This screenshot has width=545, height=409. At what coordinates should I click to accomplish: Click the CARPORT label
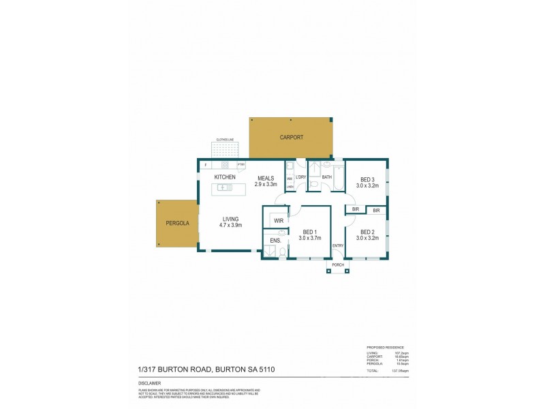click(291, 138)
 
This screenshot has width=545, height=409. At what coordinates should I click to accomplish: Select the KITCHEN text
click(225, 177)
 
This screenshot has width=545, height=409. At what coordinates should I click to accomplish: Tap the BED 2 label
click(368, 235)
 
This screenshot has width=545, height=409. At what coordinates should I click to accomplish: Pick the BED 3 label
click(368, 182)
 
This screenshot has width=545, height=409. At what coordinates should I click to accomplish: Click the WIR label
click(278, 221)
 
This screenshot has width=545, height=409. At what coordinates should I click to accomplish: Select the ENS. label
click(275, 241)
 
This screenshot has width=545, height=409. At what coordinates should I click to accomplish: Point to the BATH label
click(327, 177)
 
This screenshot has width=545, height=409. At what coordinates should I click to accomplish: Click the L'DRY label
click(299, 177)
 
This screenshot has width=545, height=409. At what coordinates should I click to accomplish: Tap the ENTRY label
click(337, 245)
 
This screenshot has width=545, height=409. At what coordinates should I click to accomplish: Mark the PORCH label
click(337, 265)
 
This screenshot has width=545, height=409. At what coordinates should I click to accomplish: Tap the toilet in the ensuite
click(283, 253)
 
